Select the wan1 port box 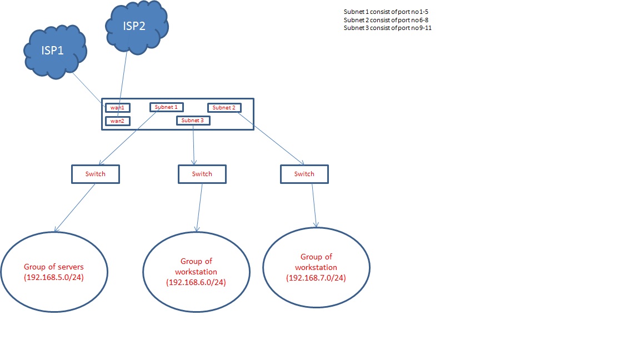click(118, 108)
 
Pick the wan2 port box click(118, 121)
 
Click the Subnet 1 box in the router click(166, 107)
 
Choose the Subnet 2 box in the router click(224, 108)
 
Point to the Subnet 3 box click(193, 121)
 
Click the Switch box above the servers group click(96, 174)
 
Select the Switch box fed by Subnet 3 click(202, 174)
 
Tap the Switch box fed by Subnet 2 click(304, 174)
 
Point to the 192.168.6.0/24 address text click(196, 283)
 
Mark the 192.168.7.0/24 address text click(316, 278)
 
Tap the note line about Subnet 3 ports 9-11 click(388, 27)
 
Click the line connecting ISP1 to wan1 click(88, 89)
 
